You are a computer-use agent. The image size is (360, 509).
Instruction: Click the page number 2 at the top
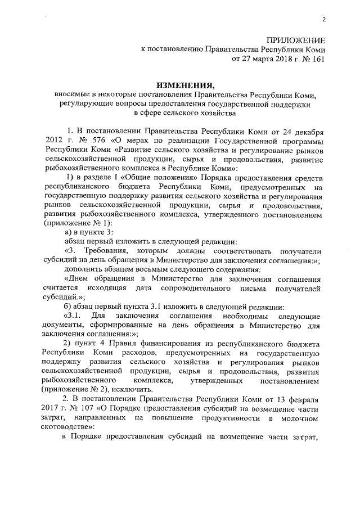click(323, 21)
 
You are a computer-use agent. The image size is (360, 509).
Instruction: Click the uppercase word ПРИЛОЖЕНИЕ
click(296, 42)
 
